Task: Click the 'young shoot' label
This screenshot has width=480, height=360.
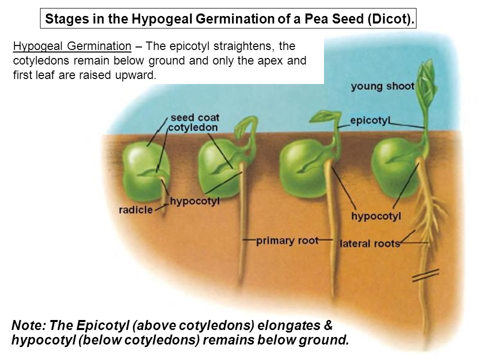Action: (382, 86)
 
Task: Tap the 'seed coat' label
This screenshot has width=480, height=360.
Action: (195, 118)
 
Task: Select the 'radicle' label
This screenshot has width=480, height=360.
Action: (135, 209)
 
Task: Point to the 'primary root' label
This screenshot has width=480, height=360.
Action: (287, 240)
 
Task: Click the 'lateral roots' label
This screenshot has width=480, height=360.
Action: (369, 244)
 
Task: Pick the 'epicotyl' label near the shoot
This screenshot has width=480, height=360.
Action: (370, 120)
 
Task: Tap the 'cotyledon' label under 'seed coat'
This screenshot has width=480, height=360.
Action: (193, 128)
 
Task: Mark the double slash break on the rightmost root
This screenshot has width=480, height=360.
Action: (425, 275)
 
